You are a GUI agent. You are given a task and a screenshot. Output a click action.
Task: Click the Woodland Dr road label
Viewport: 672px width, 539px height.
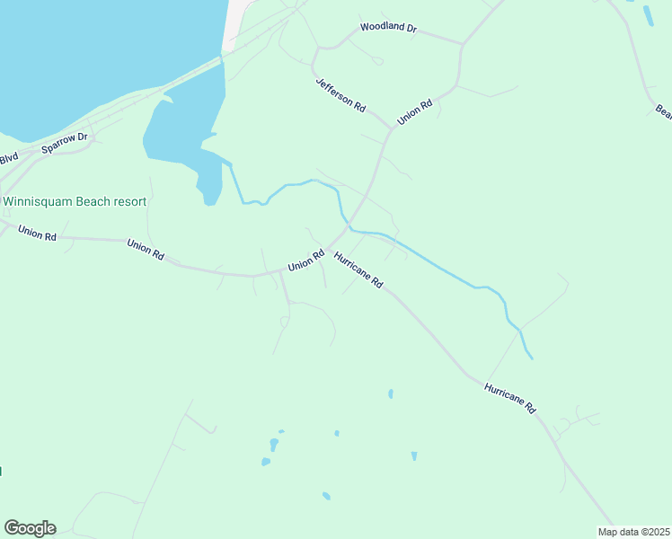389,28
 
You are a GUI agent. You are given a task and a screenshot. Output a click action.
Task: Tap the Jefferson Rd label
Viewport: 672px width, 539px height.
340,94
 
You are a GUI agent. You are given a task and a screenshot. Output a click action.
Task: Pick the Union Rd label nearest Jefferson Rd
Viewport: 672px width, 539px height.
415,111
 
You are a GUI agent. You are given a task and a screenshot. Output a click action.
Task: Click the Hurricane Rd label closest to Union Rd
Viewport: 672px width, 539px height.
358,269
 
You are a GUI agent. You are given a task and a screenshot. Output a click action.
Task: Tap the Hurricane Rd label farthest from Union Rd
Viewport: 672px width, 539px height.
509,398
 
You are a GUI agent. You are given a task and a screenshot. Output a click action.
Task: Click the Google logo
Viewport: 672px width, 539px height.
30,528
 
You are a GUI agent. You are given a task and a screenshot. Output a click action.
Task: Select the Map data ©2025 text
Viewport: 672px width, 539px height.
633,532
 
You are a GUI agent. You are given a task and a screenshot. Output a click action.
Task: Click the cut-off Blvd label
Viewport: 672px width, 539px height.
8,159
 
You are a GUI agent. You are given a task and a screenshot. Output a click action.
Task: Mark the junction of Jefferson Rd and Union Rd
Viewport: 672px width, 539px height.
392,128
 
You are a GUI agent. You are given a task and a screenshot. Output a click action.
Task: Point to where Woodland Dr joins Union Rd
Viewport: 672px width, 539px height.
462,43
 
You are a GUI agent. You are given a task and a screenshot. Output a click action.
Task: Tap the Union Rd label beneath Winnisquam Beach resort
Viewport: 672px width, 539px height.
38,233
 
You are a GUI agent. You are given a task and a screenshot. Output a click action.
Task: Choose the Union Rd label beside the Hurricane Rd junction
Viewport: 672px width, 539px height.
305,261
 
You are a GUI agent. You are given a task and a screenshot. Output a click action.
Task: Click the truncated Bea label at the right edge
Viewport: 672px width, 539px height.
664,111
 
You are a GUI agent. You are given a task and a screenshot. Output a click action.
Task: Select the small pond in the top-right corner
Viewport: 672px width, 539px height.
649,15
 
